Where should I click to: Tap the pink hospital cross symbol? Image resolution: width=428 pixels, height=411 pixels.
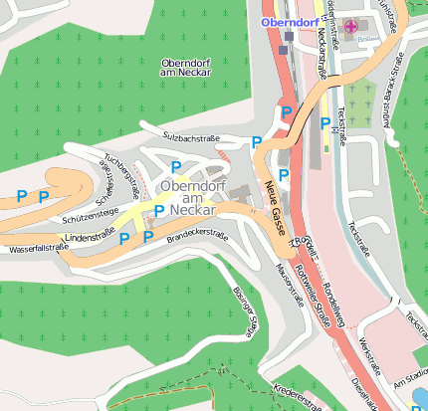(x=349, y=25)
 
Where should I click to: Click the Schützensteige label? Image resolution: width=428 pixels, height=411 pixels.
(x=90, y=214)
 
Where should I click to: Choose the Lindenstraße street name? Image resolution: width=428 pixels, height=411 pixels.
(x=90, y=238)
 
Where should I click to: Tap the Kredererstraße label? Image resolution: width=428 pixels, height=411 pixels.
(x=298, y=397)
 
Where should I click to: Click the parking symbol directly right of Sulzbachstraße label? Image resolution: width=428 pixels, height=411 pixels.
(x=257, y=142)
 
